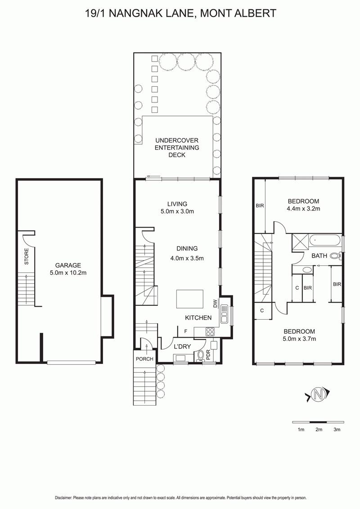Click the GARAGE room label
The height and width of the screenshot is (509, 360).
[x=68, y=265]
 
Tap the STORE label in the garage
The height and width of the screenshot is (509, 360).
[x=27, y=256]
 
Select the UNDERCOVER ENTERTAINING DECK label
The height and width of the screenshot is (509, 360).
[x=177, y=147]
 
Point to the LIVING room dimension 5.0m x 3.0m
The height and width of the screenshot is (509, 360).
[x=177, y=211]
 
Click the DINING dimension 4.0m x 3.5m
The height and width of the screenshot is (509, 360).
[x=187, y=259]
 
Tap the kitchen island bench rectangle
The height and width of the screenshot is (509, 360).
[x=190, y=299]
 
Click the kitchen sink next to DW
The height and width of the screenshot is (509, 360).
[x=224, y=314]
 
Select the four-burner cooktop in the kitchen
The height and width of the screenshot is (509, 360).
[x=210, y=332]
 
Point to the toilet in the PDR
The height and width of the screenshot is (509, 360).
[x=200, y=356]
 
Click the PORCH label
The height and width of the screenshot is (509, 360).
[x=144, y=359]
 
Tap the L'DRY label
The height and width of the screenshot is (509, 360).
[x=182, y=347]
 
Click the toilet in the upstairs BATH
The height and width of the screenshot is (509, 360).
[x=335, y=256]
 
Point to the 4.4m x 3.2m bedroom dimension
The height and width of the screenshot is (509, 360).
[x=303, y=209]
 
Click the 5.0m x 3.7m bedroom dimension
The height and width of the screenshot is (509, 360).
[x=299, y=339]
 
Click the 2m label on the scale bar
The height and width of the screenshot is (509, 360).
[x=319, y=429]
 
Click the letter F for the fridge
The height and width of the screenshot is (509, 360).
[x=186, y=331]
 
